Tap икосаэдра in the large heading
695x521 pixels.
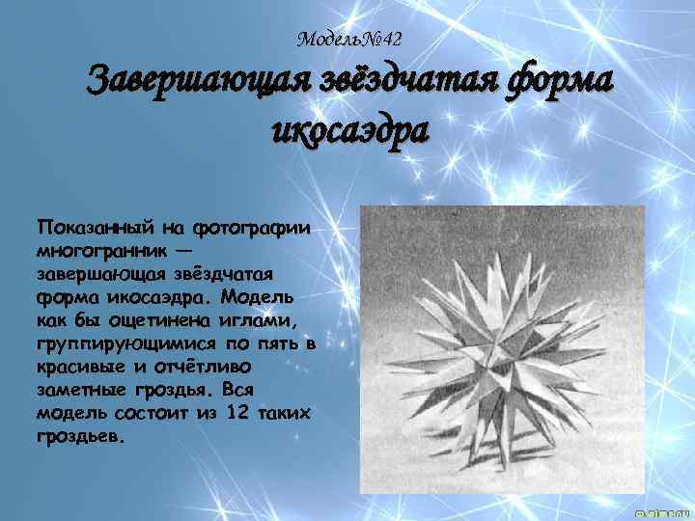pyautogui.click(x=349, y=129)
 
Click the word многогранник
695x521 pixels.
pyautogui.click(x=103, y=248)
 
